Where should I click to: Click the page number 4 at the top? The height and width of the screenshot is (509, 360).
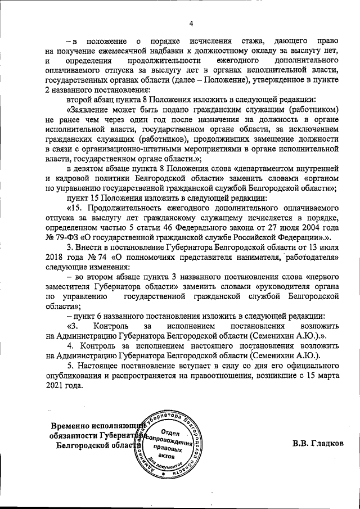click(x=191, y=23)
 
